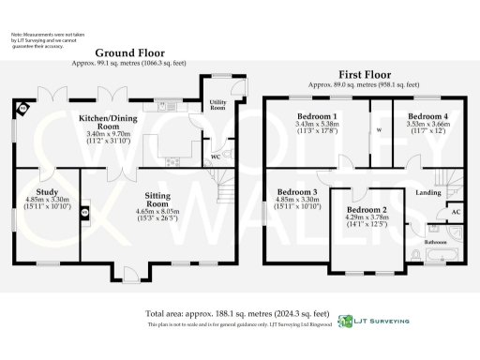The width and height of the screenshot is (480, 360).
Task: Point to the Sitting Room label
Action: [x=157, y=200]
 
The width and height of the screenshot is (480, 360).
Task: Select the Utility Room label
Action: [x=217, y=105]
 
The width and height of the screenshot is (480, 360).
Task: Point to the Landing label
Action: [x=427, y=192]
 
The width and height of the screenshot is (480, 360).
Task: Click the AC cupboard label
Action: [x=455, y=214]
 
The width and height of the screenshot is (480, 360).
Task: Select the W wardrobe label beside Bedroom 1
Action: [x=379, y=131]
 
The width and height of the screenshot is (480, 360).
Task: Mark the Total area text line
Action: [x=236, y=312]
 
